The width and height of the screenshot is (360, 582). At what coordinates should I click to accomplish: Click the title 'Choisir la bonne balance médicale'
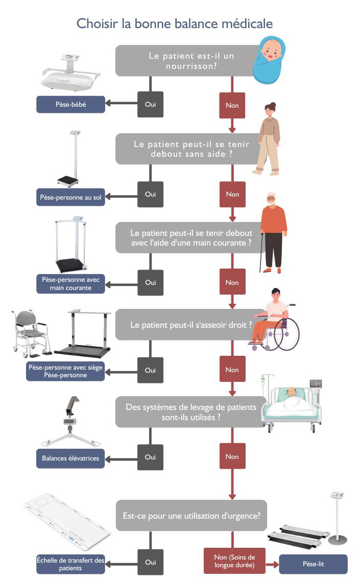point(174,23)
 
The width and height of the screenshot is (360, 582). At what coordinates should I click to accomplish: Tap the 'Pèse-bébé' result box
point(70,105)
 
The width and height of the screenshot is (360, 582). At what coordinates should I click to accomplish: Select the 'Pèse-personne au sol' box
point(70,197)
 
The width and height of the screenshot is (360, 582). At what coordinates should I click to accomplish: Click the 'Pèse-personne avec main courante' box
point(70,284)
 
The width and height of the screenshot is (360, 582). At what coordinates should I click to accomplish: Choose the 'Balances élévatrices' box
point(70,458)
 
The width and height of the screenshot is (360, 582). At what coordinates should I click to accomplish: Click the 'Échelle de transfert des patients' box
point(70,564)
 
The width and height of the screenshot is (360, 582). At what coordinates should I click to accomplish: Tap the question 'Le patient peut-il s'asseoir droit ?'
point(191,325)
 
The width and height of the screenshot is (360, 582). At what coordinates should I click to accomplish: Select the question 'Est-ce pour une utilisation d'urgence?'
point(191,516)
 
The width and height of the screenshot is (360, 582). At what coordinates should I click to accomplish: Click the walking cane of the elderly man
point(262,254)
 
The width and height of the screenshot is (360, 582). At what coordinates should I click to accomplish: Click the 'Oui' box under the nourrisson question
point(150,105)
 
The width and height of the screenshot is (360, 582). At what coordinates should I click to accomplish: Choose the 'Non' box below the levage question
point(232,457)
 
